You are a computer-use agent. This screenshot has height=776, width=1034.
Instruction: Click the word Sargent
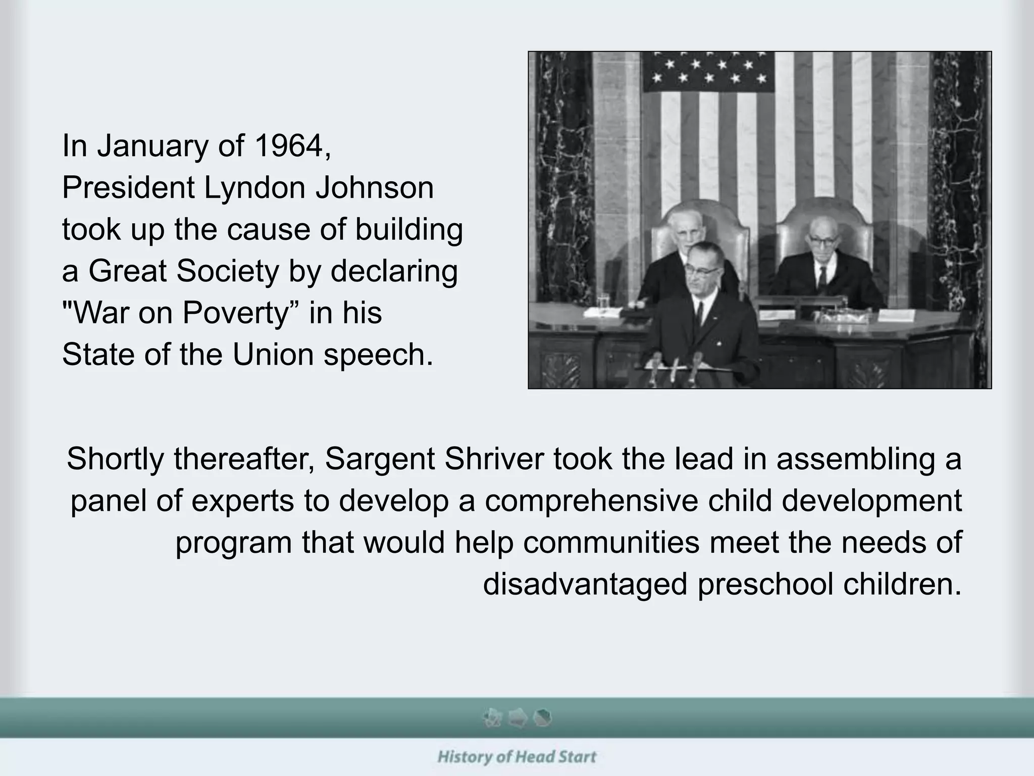(x=379, y=459)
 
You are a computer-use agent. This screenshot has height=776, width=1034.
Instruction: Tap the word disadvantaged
(x=585, y=584)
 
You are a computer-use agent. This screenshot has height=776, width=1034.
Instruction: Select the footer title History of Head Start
(x=516, y=757)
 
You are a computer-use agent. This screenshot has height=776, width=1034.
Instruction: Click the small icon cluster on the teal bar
(x=517, y=717)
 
